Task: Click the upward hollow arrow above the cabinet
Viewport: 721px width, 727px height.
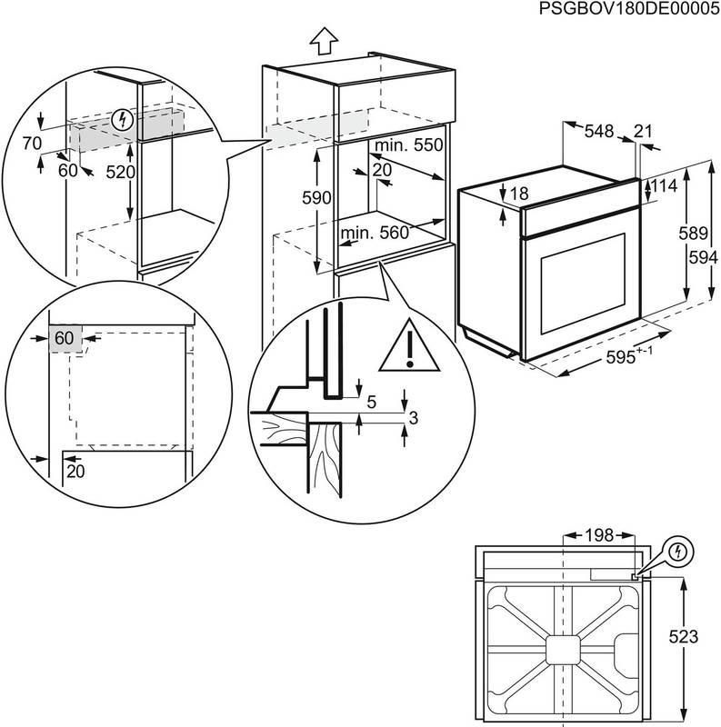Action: click(x=323, y=40)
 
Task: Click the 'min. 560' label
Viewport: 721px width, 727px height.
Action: click(x=375, y=234)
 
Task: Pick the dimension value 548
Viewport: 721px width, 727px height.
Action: click(x=599, y=132)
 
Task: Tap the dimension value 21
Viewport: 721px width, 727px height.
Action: click(x=643, y=132)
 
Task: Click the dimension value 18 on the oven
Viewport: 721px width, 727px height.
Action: click(x=519, y=194)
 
